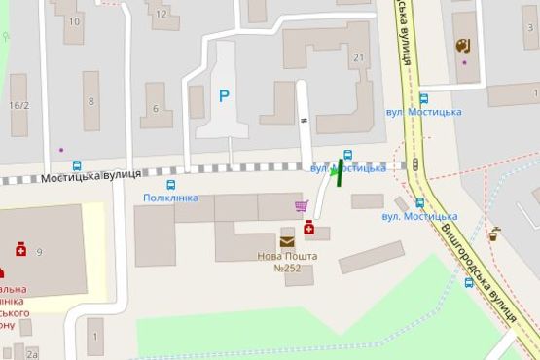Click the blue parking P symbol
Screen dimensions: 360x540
point(224,95)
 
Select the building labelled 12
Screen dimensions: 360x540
point(161,16)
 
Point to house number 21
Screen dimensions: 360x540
point(358,58)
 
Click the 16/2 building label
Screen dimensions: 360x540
point(18,105)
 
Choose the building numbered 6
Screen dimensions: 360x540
point(156,108)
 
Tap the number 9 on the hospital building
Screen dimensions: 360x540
point(40,253)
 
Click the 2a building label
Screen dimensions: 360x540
point(33,354)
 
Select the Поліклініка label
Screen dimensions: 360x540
point(170,198)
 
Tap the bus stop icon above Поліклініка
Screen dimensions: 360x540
point(171,184)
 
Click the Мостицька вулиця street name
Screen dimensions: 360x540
point(91,175)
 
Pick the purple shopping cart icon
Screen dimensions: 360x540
point(302,206)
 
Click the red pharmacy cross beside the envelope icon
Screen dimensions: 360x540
point(308,228)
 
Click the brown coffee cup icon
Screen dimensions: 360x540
point(494,234)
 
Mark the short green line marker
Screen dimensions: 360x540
point(340,170)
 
